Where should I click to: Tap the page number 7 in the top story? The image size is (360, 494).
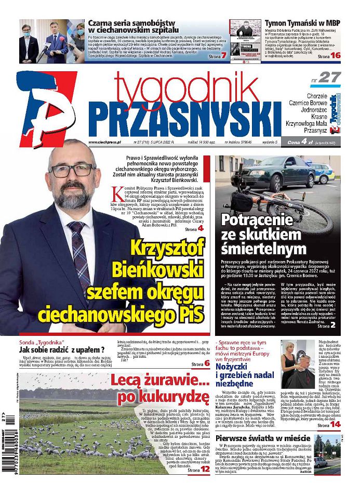[x=224, y=55]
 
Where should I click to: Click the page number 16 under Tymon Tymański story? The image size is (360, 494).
[x=336, y=55]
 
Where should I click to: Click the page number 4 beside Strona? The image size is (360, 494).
[x=201, y=228]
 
